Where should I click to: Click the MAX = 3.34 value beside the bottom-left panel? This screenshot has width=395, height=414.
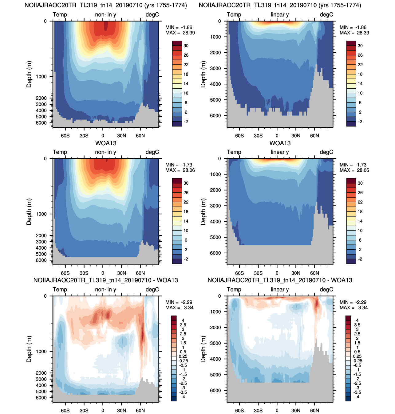[x=179, y=307]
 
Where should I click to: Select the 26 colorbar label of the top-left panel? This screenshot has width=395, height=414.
[x=186, y=55]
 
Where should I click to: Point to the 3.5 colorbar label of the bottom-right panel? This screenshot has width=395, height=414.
[x=357, y=325]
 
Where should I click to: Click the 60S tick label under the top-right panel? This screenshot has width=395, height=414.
[x=239, y=135]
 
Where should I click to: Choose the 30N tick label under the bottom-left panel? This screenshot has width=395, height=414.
[x=121, y=410]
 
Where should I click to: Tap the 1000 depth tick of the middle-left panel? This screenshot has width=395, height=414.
[x=41, y=214]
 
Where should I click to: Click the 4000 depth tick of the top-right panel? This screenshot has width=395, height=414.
[x=215, y=84]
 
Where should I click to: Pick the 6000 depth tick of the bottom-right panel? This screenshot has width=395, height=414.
[x=215, y=390]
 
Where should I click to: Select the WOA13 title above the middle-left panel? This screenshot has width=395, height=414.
[x=106, y=143]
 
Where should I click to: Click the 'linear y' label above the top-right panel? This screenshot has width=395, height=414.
[x=280, y=15]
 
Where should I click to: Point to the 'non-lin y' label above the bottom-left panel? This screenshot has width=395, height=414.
[x=106, y=289]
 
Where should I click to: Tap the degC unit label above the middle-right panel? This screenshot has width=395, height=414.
[x=326, y=152]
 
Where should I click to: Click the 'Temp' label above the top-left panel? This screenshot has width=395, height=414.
[x=60, y=15]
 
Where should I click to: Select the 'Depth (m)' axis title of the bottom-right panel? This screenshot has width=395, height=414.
[x=203, y=349]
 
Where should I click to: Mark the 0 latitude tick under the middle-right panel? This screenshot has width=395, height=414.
[x=277, y=273]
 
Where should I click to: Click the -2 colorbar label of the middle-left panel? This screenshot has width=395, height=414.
[x=186, y=259]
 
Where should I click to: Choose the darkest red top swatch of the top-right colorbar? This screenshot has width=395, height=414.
[x=351, y=43]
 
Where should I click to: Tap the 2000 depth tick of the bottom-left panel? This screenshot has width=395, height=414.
[x=41, y=373]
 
